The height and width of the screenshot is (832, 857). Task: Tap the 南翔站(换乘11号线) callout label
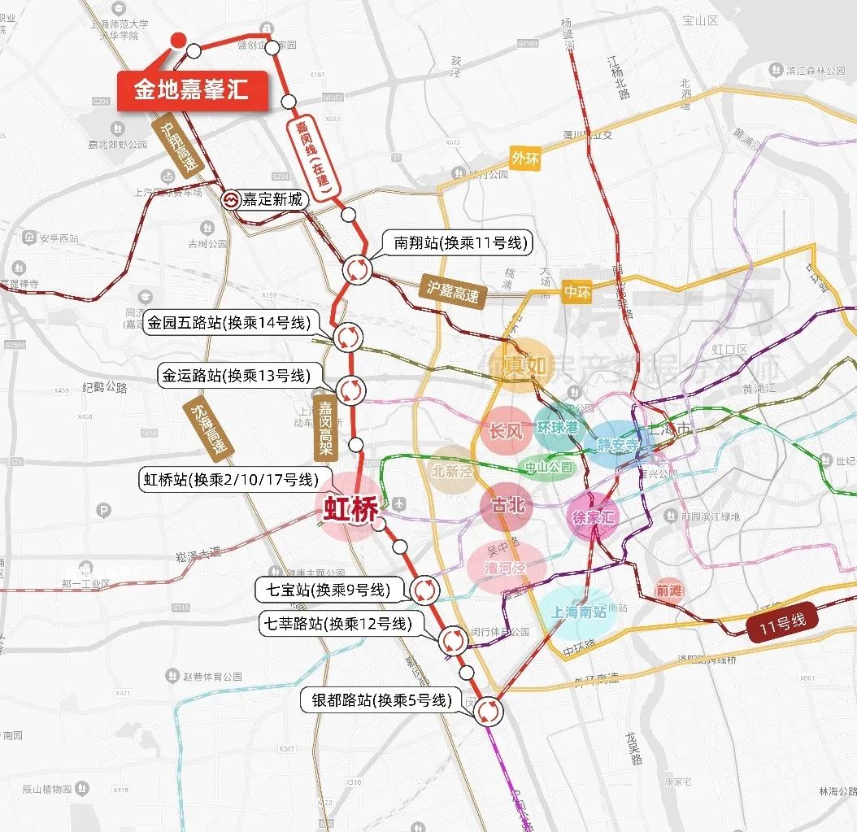pos(460,243)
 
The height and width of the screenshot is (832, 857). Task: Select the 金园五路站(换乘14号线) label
pos(229,323)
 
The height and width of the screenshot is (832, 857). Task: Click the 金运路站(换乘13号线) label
pos(235,375)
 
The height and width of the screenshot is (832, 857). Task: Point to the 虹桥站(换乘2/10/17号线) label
pos(228,480)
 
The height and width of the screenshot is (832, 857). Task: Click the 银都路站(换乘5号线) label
pos(381,700)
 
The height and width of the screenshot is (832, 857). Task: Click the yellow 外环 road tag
pos(524,159)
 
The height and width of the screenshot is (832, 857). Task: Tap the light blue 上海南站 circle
pos(579,612)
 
